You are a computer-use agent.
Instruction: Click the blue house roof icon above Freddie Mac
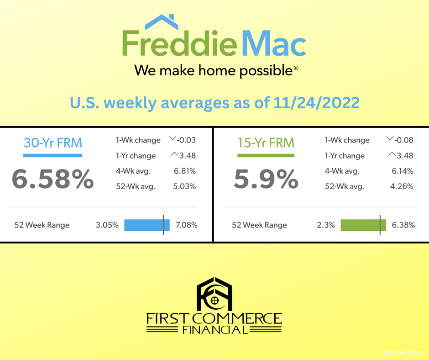pyautogui.click(x=162, y=22)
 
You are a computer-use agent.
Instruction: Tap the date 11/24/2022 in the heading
pyautogui.click(x=316, y=103)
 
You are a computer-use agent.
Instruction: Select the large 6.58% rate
pyautogui.click(x=53, y=179)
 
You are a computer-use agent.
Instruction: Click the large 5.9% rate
pyautogui.click(x=266, y=179)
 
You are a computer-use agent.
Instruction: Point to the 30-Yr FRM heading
pyautogui.click(x=53, y=143)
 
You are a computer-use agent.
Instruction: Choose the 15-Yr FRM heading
pyautogui.click(x=266, y=143)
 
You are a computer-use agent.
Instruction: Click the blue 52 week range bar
pyautogui.click(x=147, y=225)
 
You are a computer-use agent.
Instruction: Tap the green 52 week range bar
pyautogui.click(x=363, y=225)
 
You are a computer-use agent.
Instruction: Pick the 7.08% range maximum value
pyautogui.click(x=186, y=225)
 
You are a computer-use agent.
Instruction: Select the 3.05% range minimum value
pyautogui.click(x=107, y=225)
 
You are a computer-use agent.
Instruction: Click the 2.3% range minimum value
pyautogui.click(x=326, y=225)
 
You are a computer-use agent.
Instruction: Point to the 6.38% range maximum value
pyautogui.click(x=403, y=225)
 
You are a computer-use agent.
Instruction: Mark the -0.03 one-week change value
pyautogui.click(x=186, y=140)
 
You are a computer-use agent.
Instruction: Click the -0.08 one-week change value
pyautogui.click(x=403, y=140)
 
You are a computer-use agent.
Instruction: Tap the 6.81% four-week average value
pyautogui.click(x=185, y=171)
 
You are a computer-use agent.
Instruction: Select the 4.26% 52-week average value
pyautogui.click(x=402, y=186)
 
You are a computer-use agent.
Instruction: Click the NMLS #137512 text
pyautogui.click(x=403, y=353)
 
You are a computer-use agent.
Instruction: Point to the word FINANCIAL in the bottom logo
pyautogui.click(x=215, y=329)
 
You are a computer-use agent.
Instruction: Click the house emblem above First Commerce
pyautogui.click(x=214, y=294)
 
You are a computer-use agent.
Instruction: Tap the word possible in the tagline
pyautogui.click(x=266, y=71)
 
